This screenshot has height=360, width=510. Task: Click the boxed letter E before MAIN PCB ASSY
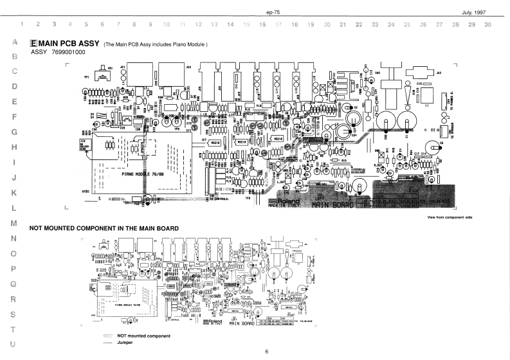pos(33,43)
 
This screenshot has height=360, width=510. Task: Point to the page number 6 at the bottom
pos(266,352)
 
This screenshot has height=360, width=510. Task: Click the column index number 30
pos(488,24)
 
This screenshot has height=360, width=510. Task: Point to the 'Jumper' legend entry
pos(125,343)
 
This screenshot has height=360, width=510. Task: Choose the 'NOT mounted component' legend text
pos(143,336)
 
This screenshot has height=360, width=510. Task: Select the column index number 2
pos(38,24)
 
